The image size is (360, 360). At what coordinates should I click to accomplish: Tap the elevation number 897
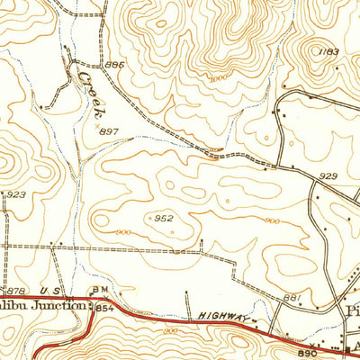click(x=110, y=131)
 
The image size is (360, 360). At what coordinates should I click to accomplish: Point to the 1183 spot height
click(x=328, y=52)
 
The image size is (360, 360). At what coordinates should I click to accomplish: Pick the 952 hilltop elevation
click(x=163, y=218)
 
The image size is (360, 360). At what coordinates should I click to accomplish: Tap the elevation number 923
click(x=15, y=194)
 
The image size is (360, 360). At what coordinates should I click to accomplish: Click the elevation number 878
click(x=15, y=290)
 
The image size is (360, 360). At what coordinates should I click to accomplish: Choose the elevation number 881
click(x=291, y=297)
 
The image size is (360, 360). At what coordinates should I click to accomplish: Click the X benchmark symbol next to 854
click(x=91, y=304)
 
